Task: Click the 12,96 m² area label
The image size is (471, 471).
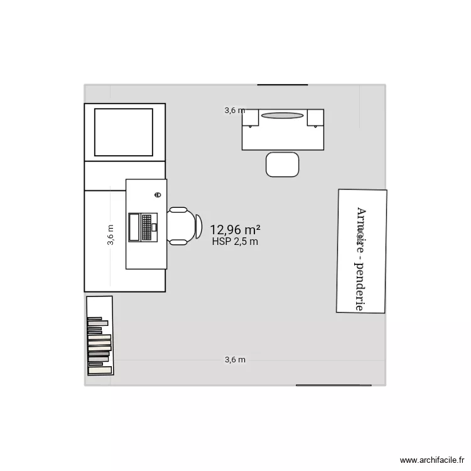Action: [235, 230]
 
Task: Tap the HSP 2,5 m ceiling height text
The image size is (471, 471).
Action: [235, 241]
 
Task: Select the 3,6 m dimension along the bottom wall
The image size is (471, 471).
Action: [235, 360]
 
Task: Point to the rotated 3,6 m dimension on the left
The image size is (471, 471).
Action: [111, 235]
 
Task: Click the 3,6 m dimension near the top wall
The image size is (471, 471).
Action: [235, 111]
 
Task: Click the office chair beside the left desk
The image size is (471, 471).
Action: [183, 225]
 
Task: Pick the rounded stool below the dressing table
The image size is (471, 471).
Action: [283, 165]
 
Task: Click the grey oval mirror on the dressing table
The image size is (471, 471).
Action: [283, 116]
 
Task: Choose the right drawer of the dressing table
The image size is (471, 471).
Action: [315, 118]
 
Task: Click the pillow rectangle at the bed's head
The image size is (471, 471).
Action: [124, 132]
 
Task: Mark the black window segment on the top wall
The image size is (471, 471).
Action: [283, 84]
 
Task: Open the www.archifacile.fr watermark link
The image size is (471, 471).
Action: [434, 460]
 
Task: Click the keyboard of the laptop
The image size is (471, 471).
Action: [148, 227]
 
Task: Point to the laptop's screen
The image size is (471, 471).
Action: [134, 227]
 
